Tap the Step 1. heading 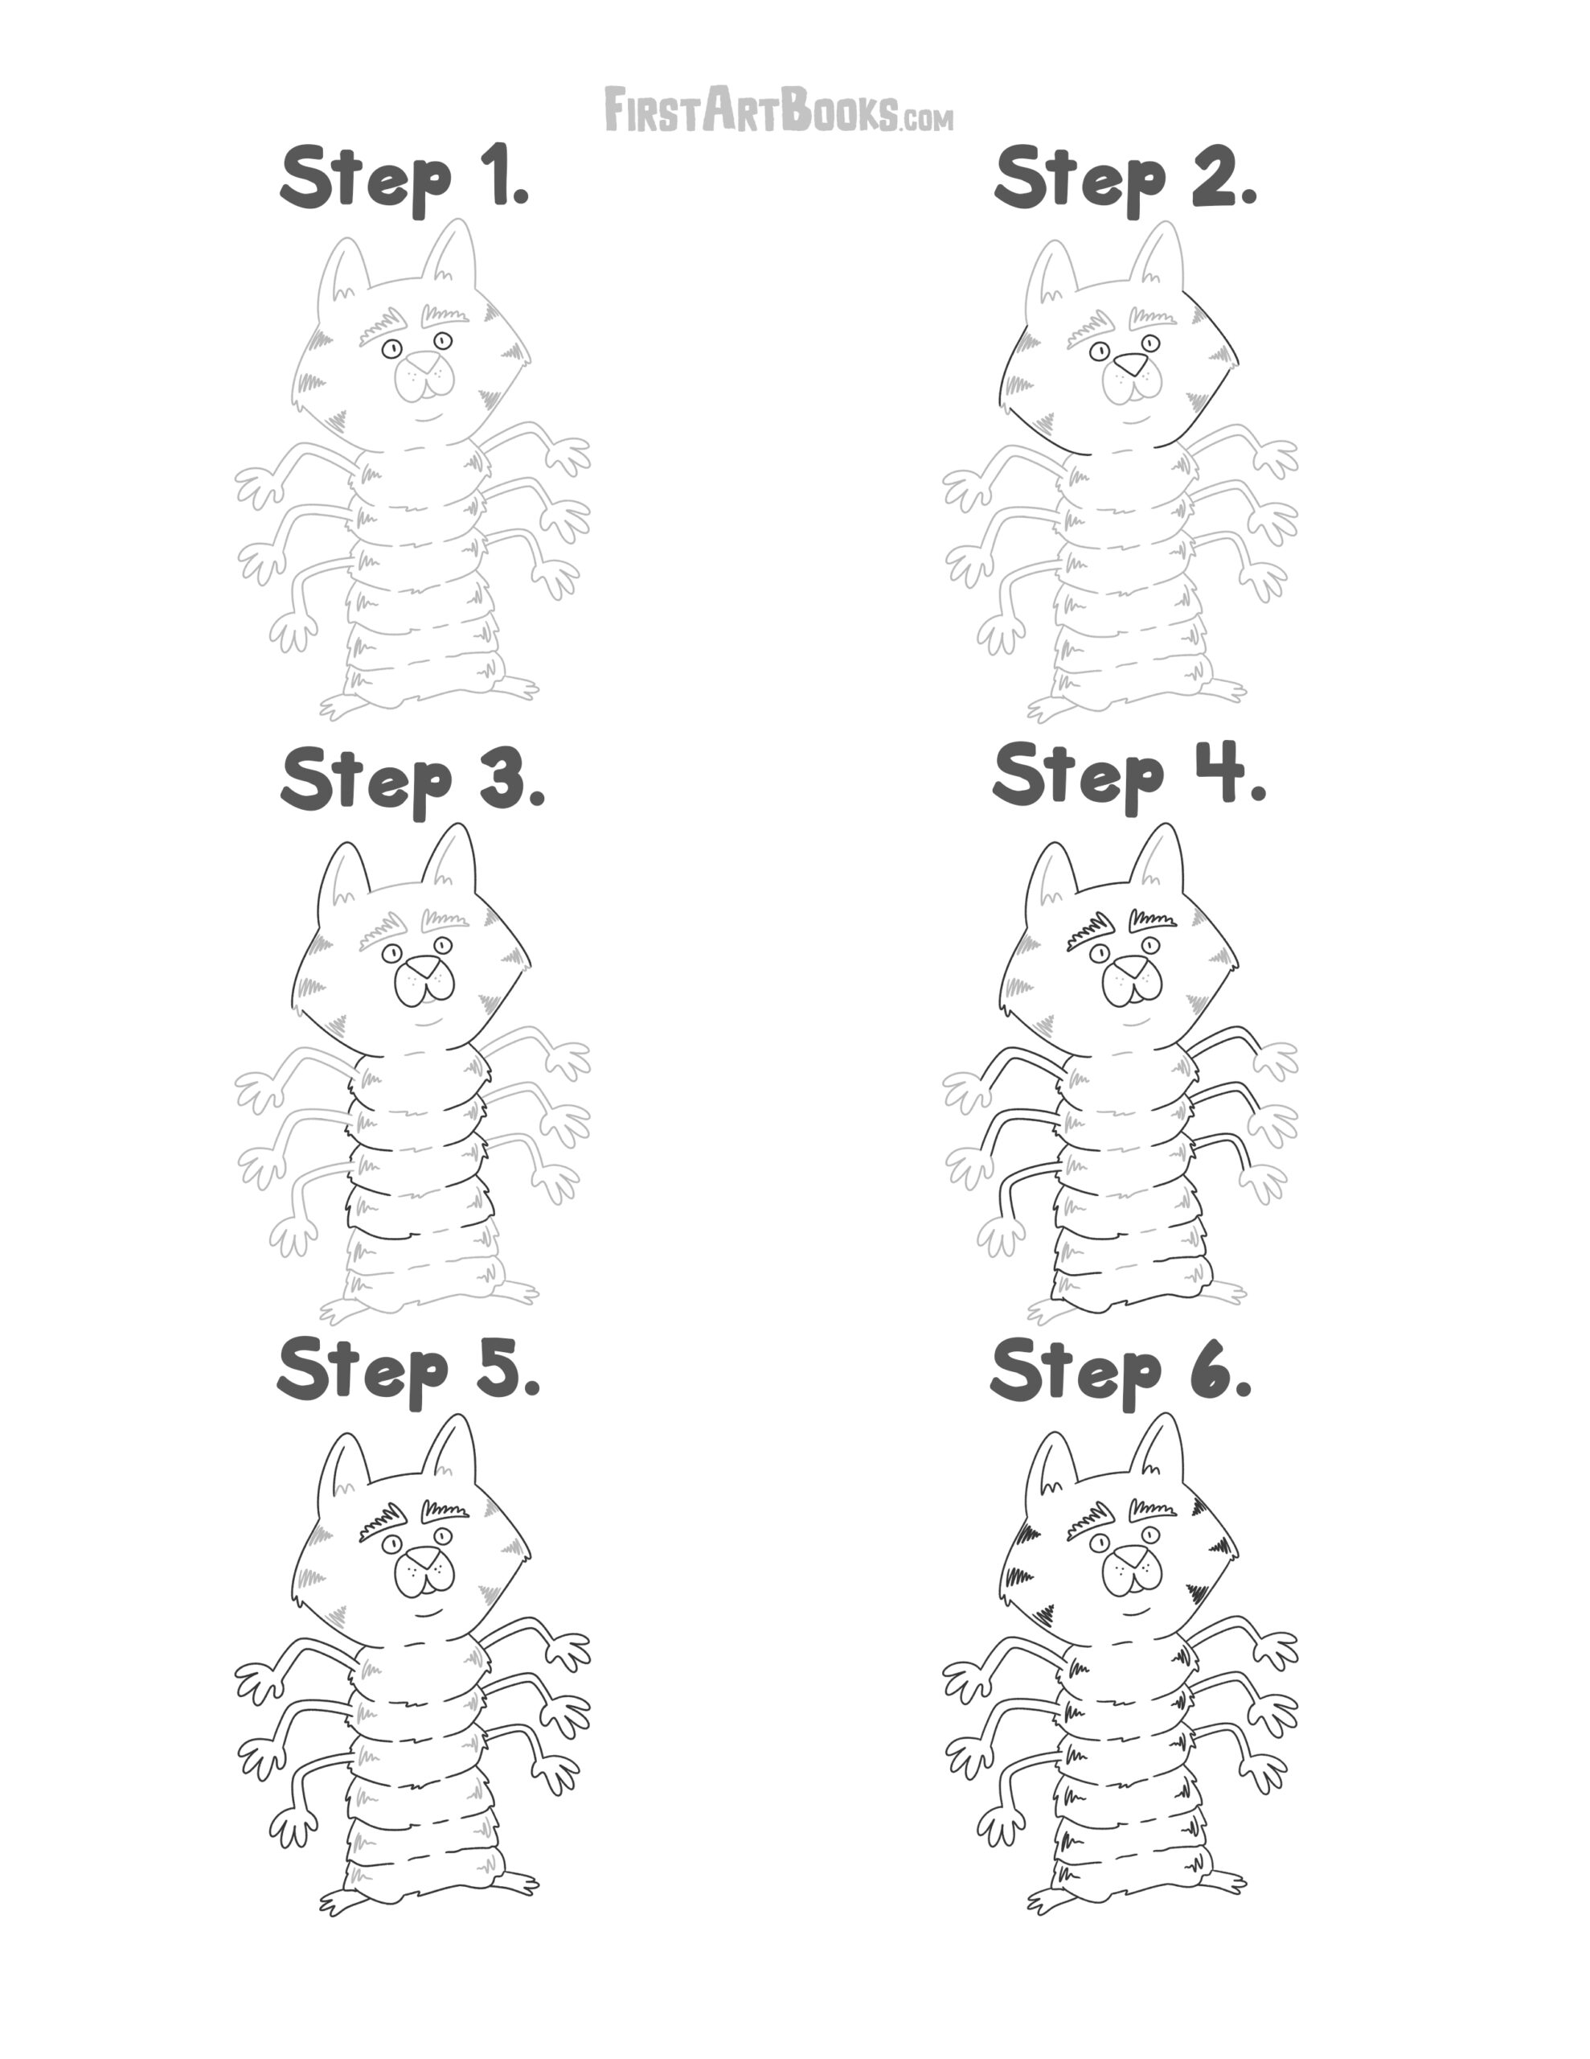coord(405,179)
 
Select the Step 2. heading coord(1126,179)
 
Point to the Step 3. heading coord(413,781)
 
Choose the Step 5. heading coord(409,1371)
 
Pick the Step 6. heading coord(1121,1371)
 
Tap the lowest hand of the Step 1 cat coord(294,631)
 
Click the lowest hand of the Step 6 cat coord(1001,1824)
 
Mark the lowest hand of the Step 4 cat coord(1001,1235)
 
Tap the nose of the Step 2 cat coord(1130,363)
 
